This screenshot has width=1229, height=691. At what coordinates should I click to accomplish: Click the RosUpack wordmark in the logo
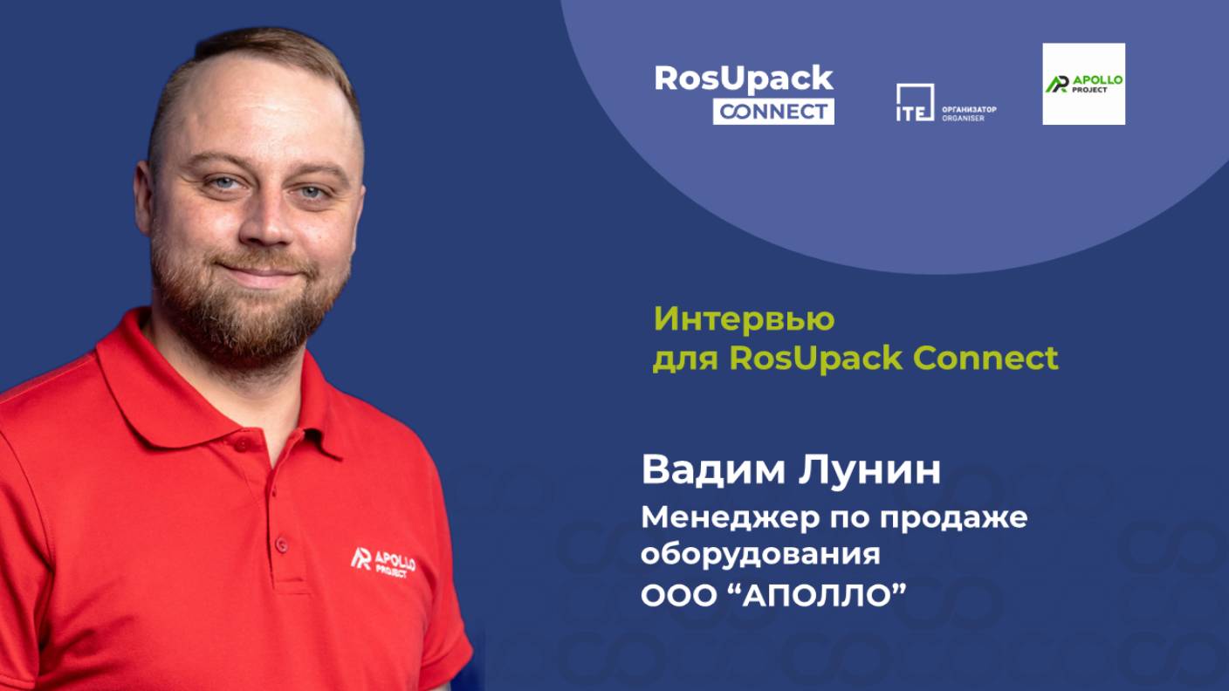tap(744, 79)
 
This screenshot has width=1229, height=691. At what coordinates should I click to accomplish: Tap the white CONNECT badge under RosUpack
tap(773, 112)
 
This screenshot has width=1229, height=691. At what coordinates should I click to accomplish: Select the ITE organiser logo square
tap(915, 102)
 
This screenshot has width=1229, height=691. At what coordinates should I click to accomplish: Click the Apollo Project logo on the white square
tap(1083, 84)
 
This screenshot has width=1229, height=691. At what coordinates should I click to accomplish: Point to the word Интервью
tap(744, 319)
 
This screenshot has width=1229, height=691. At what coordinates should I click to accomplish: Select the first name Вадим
tap(713, 470)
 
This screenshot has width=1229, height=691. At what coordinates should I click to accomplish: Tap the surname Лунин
tap(869, 470)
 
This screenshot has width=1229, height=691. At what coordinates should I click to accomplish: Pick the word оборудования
tap(760, 554)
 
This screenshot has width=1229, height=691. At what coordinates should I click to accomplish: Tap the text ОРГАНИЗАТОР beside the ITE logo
tap(969, 110)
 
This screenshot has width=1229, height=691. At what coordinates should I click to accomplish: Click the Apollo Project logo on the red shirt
tap(383, 563)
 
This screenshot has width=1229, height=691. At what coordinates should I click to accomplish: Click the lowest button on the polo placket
tap(282, 544)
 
